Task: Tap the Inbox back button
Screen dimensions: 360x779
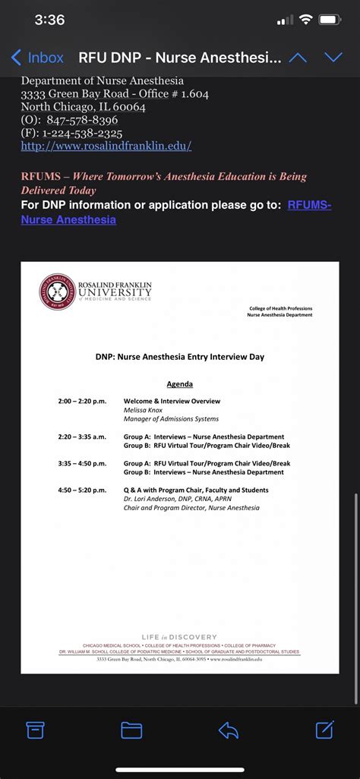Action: (x=36, y=58)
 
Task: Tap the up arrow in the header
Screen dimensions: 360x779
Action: (x=298, y=58)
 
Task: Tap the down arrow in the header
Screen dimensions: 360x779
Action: (x=333, y=58)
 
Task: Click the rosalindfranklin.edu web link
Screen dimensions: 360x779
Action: (x=106, y=146)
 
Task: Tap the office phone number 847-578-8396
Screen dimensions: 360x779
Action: (x=82, y=120)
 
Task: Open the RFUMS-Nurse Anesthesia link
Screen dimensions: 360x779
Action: (x=68, y=219)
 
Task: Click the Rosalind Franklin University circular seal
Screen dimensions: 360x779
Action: (x=58, y=292)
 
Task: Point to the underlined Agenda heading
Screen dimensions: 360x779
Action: (x=179, y=384)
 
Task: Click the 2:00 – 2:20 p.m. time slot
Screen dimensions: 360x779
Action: (x=82, y=401)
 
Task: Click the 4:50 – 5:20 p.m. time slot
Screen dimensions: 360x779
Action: (x=82, y=490)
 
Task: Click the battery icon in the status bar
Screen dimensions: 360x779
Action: (x=330, y=20)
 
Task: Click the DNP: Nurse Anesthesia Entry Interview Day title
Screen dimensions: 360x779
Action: (x=179, y=356)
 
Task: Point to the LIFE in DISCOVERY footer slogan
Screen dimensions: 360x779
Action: (x=179, y=637)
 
